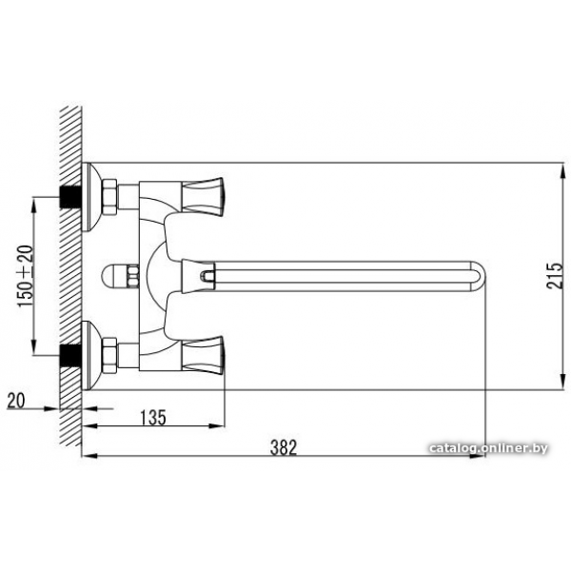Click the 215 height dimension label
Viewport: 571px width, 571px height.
[555, 276]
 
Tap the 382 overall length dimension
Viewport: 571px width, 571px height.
[284, 447]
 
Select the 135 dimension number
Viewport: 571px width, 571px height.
[153, 418]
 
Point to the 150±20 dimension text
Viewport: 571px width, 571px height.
[26, 276]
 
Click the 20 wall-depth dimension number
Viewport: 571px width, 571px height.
[16, 401]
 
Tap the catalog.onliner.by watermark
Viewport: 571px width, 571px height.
[488, 448]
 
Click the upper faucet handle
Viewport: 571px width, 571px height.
[203, 194]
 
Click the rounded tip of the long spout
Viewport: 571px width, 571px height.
[479, 276]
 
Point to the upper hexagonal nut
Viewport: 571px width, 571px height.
[109, 197]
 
